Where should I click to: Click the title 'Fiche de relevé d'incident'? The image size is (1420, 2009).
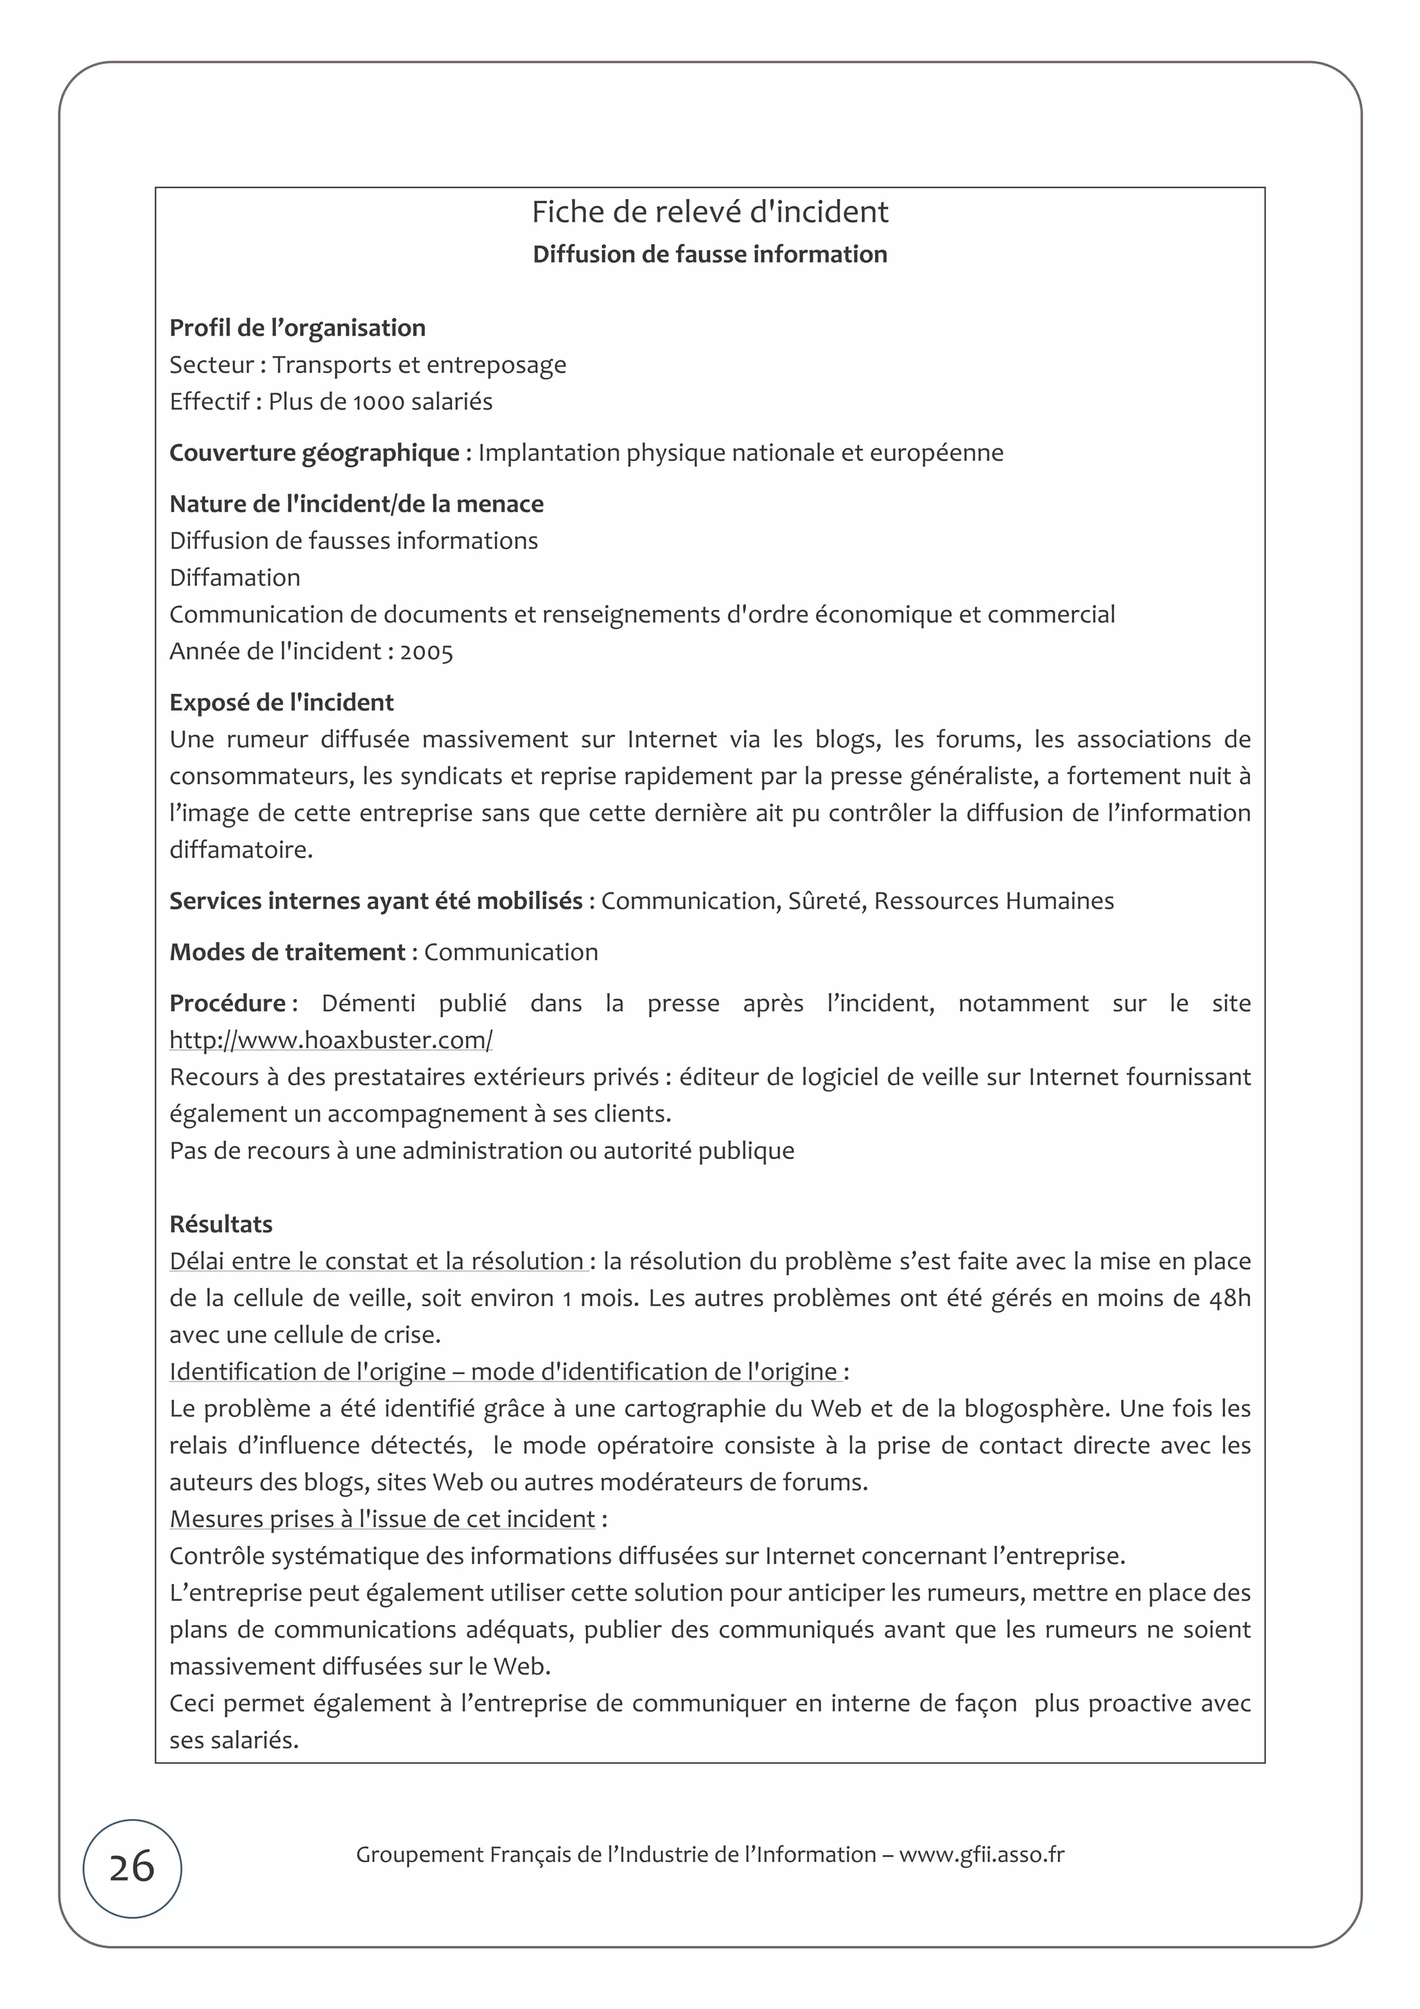tap(709, 211)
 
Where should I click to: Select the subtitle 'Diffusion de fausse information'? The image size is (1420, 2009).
tap(709, 254)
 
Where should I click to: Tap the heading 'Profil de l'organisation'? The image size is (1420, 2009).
tap(297, 328)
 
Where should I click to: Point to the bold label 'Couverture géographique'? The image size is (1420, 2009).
tap(314, 453)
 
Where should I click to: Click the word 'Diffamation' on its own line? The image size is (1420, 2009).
tap(234, 577)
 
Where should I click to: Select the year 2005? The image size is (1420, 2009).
tap(427, 652)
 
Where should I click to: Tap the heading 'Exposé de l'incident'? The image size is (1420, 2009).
tap(282, 703)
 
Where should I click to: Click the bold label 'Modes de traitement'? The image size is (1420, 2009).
tap(287, 952)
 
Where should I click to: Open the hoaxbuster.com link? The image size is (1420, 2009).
tap(331, 1041)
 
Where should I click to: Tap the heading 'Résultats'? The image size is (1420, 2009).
tap(220, 1224)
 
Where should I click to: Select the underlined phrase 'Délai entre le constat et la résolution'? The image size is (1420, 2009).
tap(376, 1261)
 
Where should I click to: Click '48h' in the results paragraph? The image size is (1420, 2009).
tap(1229, 1298)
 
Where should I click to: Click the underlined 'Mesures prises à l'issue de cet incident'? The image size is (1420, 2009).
tap(382, 1519)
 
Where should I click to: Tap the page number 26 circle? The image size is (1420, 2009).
tap(132, 1868)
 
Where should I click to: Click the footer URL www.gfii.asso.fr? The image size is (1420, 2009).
tap(982, 1854)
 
